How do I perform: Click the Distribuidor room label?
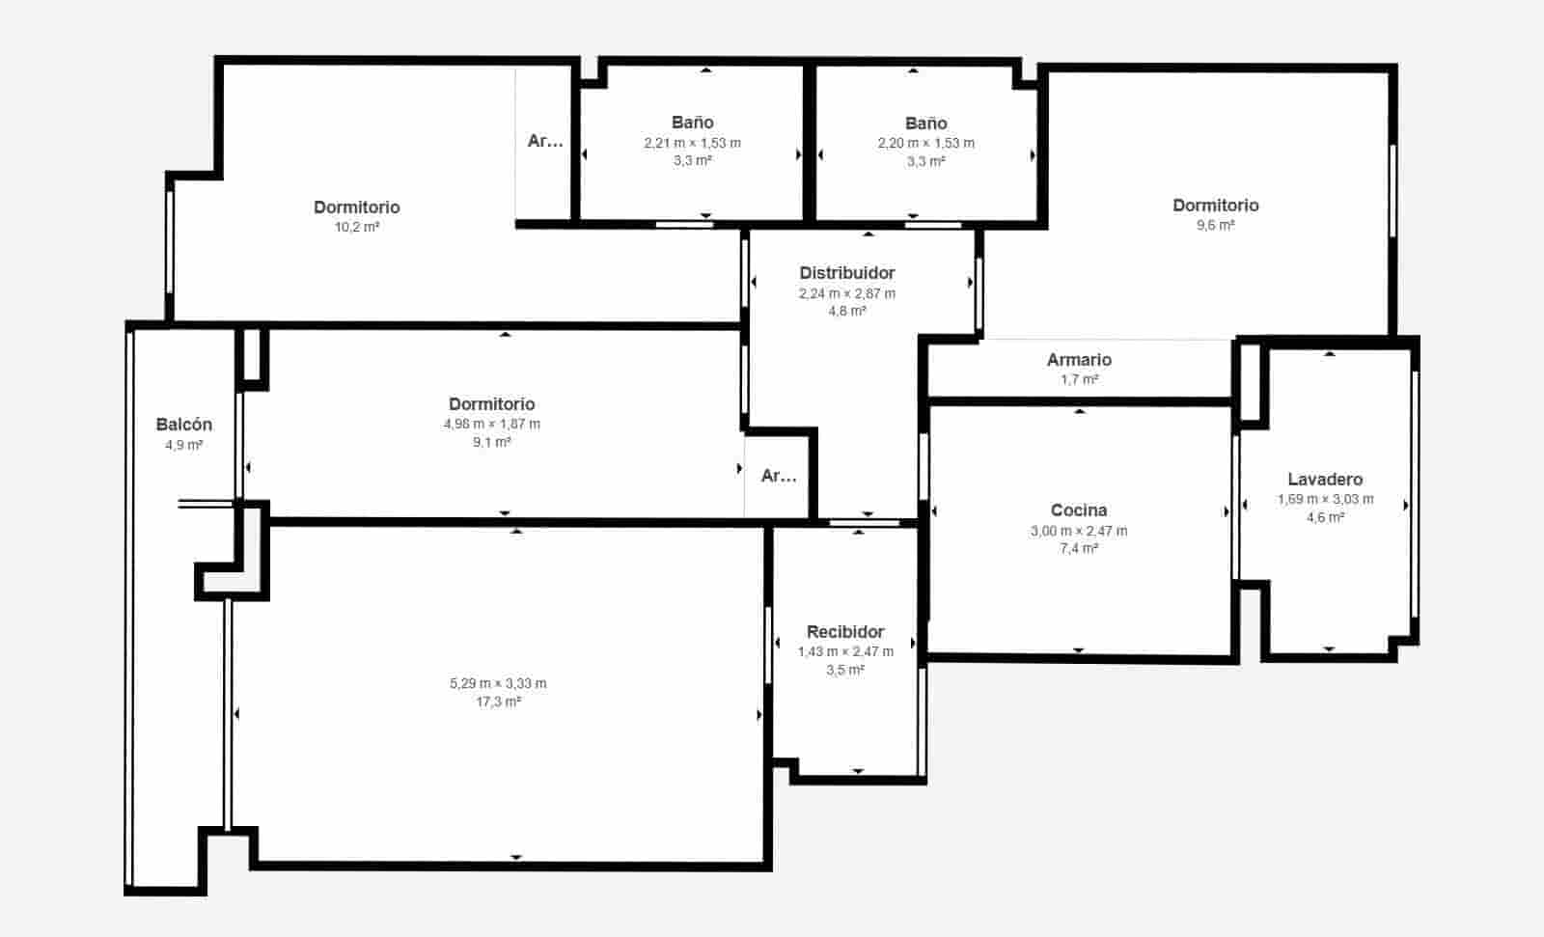click(847, 273)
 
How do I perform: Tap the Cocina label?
click(1079, 510)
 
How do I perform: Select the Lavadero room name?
click(1325, 480)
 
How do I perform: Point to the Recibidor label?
click(845, 632)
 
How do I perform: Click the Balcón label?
click(184, 425)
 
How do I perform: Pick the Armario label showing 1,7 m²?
click(1079, 360)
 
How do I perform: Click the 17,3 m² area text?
click(498, 702)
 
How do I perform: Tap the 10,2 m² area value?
click(357, 227)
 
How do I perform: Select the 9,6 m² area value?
click(1216, 225)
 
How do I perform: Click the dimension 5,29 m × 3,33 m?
click(498, 683)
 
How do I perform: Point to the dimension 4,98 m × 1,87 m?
click(492, 424)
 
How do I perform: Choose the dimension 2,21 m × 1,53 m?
click(693, 143)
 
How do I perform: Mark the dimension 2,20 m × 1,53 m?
click(926, 143)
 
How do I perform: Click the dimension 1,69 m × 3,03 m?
click(1326, 499)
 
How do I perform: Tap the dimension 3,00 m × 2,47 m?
click(1079, 531)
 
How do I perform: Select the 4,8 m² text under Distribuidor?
click(847, 311)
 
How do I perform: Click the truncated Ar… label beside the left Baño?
click(545, 141)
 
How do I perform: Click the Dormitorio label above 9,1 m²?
click(492, 404)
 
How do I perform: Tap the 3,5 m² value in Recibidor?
click(845, 670)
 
